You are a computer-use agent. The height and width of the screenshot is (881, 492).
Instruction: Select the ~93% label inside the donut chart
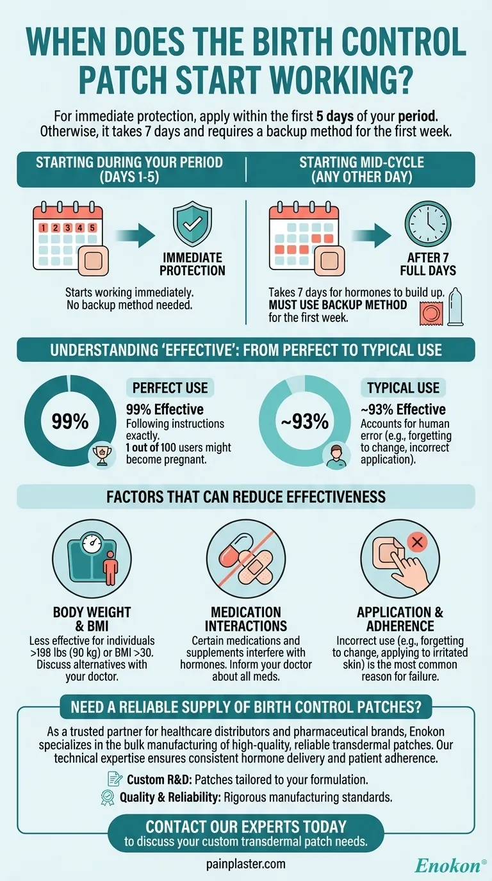[304, 422]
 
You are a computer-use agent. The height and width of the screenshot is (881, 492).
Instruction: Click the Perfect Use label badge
[170, 387]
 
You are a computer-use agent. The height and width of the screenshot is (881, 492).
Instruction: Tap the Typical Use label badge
[404, 387]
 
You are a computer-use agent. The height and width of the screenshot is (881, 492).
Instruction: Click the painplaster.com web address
[245, 864]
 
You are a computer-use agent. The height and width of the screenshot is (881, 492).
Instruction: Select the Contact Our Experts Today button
[246, 832]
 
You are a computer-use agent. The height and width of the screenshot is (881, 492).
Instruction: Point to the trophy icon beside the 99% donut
[99, 455]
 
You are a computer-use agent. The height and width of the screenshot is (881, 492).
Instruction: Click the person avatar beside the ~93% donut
[334, 455]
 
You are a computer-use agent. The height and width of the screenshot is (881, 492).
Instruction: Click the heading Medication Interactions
[246, 619]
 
